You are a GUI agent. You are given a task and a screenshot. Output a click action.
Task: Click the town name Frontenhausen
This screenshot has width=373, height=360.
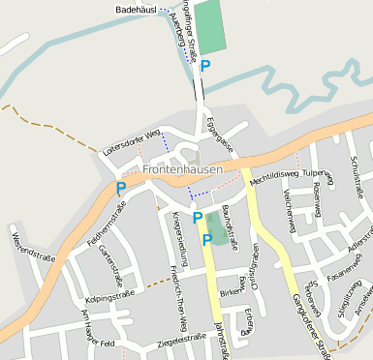tap(182, 169)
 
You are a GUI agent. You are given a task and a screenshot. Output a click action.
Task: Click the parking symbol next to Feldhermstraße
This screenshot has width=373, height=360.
tap(121, 189)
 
